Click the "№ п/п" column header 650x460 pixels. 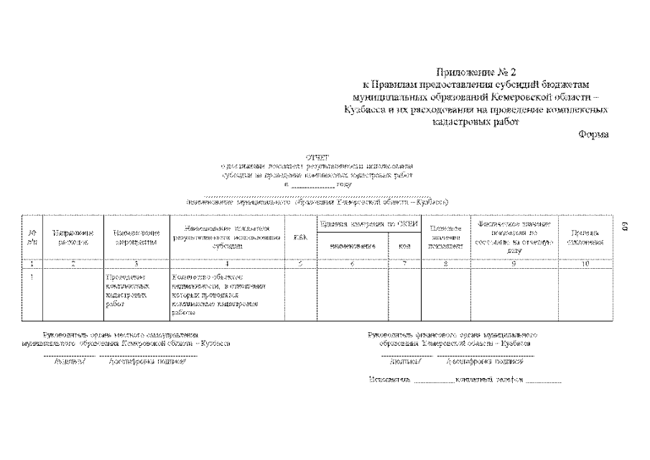point(32,237)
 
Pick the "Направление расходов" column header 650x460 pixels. point(73,237)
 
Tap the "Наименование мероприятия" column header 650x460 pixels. point(136,237)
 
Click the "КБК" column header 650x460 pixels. point(301,238)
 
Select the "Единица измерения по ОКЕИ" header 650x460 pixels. point(368,224)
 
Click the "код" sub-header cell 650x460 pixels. point(404,246)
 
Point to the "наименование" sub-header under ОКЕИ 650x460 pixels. point(353,246)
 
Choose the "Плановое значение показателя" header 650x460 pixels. point(445,237)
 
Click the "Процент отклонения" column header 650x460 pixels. point(585,237)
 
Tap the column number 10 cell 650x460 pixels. point(585,264)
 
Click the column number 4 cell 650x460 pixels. point(227,264)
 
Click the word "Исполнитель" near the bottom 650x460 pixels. point(389,379)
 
